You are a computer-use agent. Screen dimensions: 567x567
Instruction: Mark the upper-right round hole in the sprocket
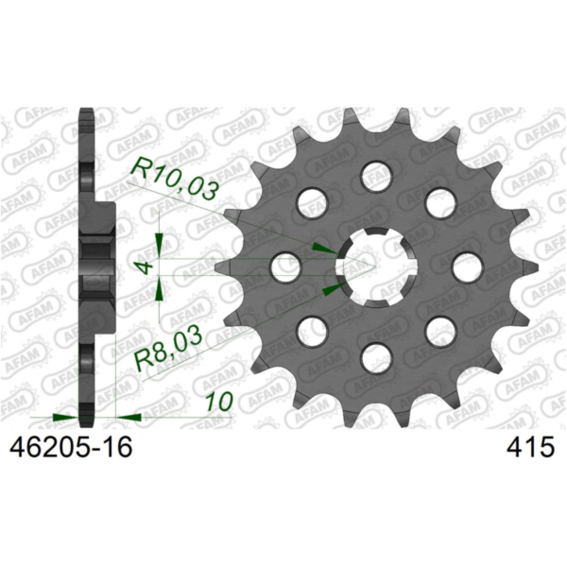click(439, 201)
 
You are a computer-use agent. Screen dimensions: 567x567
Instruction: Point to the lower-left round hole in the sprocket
click(311, 331)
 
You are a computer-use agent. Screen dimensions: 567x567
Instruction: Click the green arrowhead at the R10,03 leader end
click(324, 248)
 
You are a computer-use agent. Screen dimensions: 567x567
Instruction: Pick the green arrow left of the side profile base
click(64, 415)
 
